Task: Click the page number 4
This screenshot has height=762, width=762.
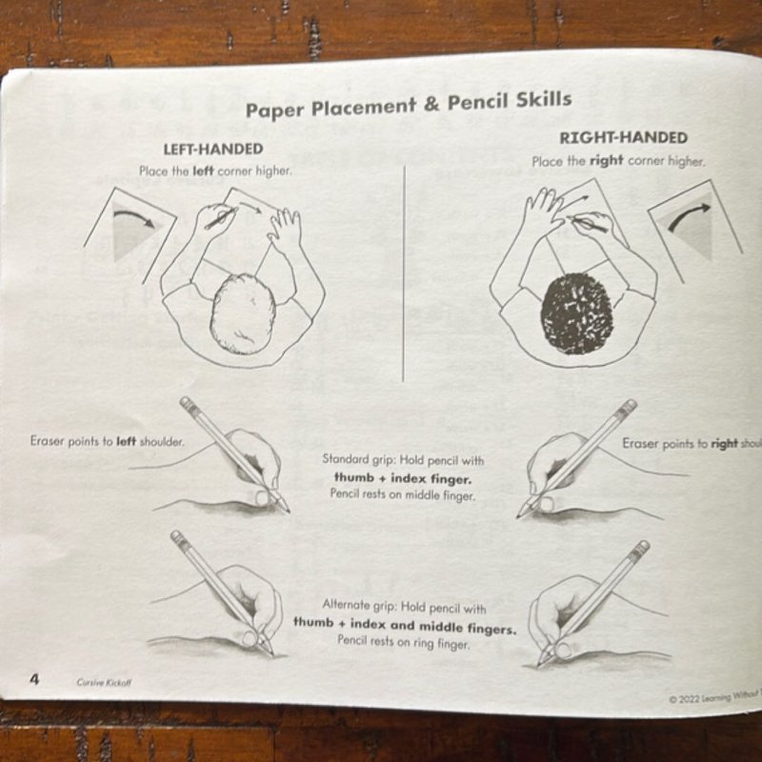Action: (34, 678)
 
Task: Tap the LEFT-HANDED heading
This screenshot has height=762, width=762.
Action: (213, 150)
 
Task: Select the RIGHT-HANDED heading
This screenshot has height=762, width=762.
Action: (623, 138)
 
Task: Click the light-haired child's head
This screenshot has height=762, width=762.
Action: (243, 312)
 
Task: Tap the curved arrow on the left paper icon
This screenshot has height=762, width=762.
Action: (133, 222)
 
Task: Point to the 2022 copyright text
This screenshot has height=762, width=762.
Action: (713, 697)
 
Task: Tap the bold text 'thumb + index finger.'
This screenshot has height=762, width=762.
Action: (403, 477)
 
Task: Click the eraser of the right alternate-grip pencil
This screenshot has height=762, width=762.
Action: (643, 547)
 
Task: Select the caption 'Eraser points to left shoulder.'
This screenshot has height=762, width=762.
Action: (107, 442)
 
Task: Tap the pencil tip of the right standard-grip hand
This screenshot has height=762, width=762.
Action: (521, 514)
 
